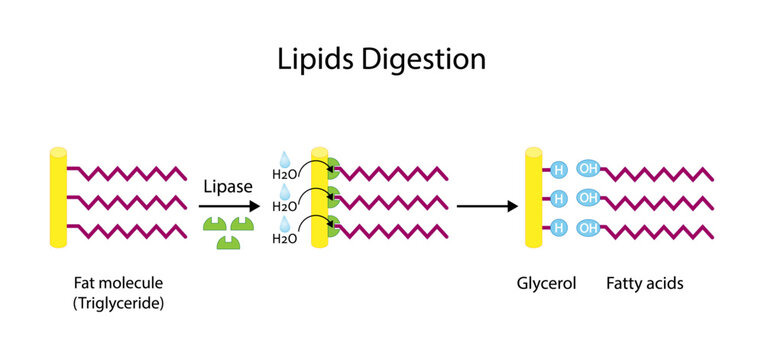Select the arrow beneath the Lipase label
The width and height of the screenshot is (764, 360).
coord(229,206)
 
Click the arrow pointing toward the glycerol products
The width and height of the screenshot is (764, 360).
coord(486,207)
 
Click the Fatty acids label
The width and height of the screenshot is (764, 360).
coord(644,283)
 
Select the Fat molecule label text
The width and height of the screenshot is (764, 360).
coord(118,283)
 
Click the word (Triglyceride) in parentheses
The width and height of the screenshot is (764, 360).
coord(118,302)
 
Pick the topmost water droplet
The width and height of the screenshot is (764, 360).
coord(283,158)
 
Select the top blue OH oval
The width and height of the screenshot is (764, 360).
coord(589,169)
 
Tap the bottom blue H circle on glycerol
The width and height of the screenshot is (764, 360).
coord(559,228)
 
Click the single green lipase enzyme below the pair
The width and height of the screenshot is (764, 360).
coord(229,241)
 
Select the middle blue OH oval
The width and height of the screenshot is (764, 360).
coord(589,199)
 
